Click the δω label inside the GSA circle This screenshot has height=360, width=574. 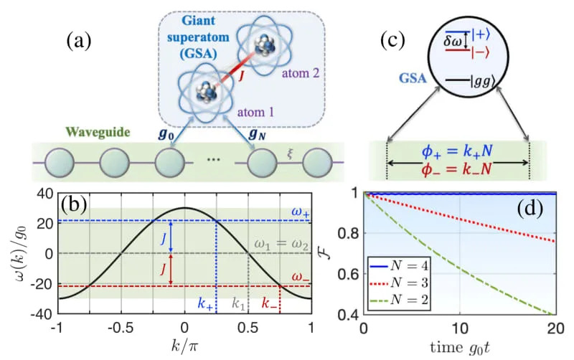pyautogui.click(x=456, y=44)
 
